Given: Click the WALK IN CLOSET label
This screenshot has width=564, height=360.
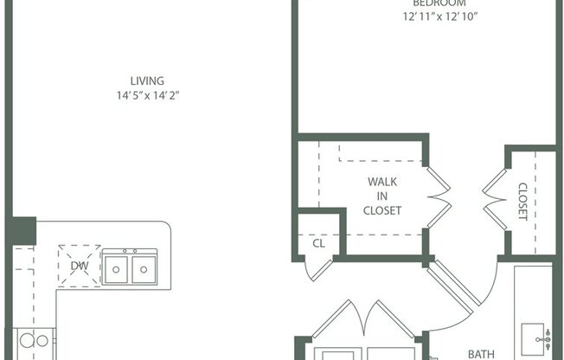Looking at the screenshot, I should click(382, 196).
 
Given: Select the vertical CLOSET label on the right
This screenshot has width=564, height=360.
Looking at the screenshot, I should click(522, 201).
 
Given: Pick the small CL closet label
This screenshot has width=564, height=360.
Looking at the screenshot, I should click(318, 243).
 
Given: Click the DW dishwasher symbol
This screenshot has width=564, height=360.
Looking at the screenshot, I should click(79, 266).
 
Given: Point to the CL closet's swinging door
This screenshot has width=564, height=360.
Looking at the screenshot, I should click(319, 267).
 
